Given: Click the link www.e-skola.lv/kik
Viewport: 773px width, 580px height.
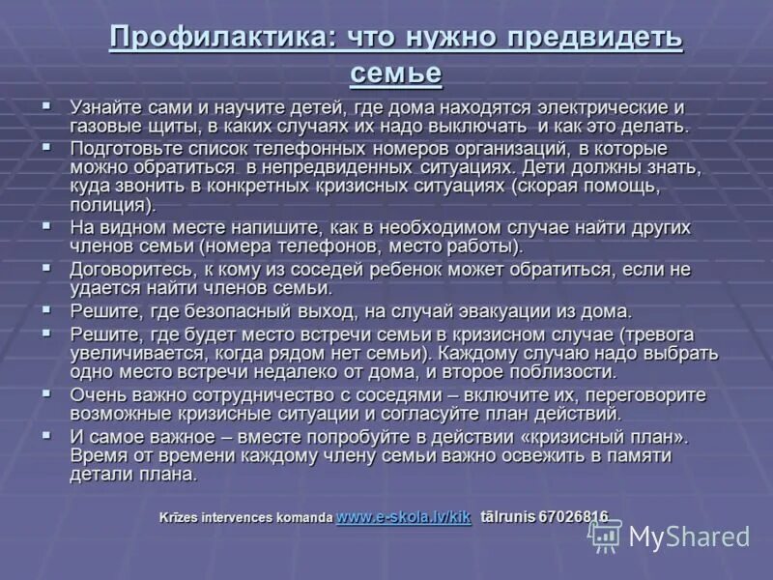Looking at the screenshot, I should tap(403, 517).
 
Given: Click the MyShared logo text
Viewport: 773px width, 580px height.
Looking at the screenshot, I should tap(688, 536).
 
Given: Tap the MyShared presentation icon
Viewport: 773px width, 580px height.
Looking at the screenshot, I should tap(606, 536).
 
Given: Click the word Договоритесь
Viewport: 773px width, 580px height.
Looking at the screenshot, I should tap(129, 269).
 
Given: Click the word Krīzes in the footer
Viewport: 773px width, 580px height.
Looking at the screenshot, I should tap(182, 517).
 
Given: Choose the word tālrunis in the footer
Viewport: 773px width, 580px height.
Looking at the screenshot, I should tap(509, 517).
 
